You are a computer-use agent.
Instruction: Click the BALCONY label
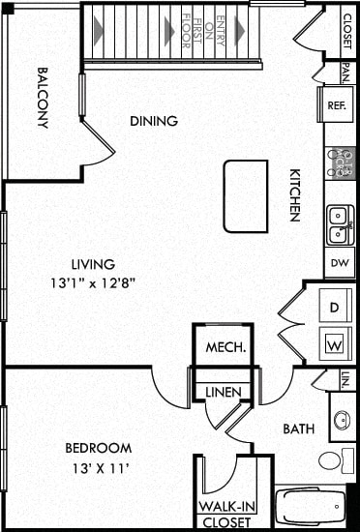coord(44,97)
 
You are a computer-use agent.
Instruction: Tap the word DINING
coord(154,122)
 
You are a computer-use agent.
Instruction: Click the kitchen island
coord(245,196)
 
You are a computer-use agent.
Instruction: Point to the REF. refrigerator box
coord(337,105)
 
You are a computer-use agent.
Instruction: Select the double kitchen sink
coord(339,225)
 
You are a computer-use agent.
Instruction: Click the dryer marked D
coord(335,308)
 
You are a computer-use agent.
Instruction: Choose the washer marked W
coord(335,342)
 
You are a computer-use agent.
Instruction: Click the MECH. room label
coord(224,347)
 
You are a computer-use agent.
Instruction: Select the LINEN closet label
coord(224,392)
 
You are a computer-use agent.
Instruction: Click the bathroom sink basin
coord(341,421)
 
